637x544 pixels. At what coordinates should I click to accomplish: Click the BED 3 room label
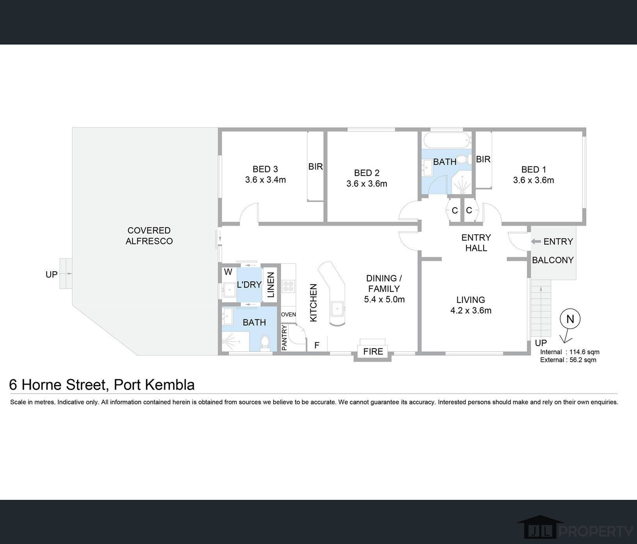[x=265, y=169]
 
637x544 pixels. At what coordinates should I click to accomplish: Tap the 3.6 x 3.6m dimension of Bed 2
[x=367, y=184]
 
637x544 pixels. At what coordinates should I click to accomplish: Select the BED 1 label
[x=534, y=170]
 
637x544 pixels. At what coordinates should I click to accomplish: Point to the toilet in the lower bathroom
[x=265, y=343]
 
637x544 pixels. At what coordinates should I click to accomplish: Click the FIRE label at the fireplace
[x=373, y=351]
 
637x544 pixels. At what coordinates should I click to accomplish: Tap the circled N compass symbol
[x=570, y=319]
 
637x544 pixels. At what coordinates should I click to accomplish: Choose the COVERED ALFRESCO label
[x=149, y=236]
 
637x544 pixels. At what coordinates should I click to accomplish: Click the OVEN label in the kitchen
[x=288, y=315]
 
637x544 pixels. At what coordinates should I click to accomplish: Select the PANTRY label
[x=285, y=338]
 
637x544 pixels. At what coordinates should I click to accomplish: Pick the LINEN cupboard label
[x=271, y=285]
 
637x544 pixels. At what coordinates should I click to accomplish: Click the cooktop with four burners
[x=288, y=286]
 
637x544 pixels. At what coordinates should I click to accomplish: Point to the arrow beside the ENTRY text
[x=536, y=242]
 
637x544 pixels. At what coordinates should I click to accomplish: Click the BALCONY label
[x=553, y=260]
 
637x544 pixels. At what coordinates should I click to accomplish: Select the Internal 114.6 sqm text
[x=569, y=352]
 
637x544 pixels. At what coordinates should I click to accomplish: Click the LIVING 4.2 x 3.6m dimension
[x=471, y=310]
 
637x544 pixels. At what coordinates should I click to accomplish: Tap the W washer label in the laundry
[x=228, y=272]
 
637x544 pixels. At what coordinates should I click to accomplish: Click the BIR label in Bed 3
[x=315, y=166]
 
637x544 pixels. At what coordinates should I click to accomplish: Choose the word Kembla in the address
[x=170, y=385]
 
